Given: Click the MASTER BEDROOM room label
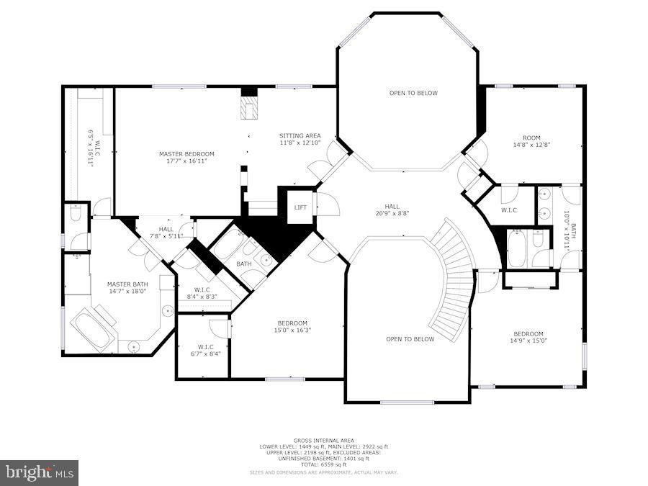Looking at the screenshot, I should point(186,154).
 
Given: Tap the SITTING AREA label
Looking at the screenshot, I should point(300,135).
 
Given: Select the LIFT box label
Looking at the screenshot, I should point(301,207).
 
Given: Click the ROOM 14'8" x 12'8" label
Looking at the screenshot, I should point(531,138).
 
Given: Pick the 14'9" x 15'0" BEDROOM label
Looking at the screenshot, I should point(528,334).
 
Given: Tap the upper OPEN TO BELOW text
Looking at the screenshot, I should point(413,93).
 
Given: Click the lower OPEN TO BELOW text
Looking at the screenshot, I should point(410,339).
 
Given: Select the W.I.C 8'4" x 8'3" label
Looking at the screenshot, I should point(202,291).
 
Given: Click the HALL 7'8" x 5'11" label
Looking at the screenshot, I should point(166,230).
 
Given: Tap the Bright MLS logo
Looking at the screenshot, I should point(41,473).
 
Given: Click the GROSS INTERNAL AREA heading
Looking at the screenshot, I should point(323,440).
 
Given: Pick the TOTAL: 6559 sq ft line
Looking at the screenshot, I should point(323,464).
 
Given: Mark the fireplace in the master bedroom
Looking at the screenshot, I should point(248,108).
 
